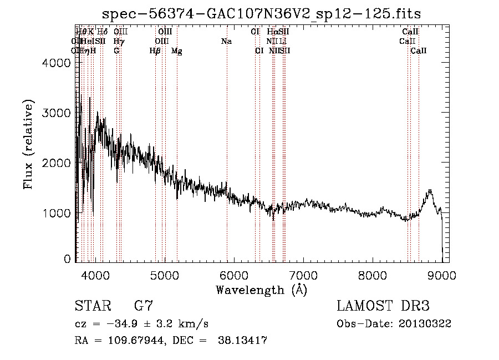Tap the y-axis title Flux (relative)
pyautogui.click(x=28, y=144)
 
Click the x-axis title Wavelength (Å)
pyautogui.click(x=261, y=290)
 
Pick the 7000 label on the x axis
pyautogui.click(x=303, y=275)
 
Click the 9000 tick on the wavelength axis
pyautogui.click(x=442, y=275)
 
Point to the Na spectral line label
pyautogui.click(x=226, y=42)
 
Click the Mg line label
pyautogui.click(x=177, y=51)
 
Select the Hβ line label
pyautogui.click(x=155, y=51)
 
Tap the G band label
pyautogui.click(x=116, y=51)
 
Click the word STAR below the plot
pyautogui.click(x=92, y=306)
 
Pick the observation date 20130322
pyautogui.click(x=425, y=324)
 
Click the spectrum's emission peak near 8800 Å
pyautogui.click(x=430, y=190)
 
